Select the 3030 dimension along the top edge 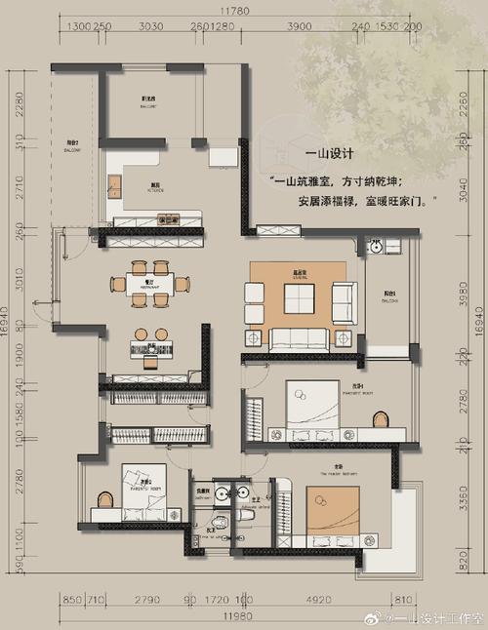point(150,27)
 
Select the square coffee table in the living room point(297,295)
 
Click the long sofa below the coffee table point(298,338)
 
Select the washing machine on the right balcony point(375,246)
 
